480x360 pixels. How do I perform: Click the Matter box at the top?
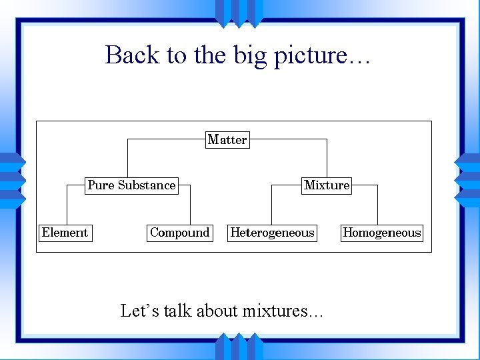227,140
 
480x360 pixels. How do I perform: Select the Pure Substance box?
131,185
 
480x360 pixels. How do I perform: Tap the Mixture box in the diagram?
327,185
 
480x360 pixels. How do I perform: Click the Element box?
65,233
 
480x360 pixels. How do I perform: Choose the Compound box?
179,233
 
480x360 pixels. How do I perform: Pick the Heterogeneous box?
272,233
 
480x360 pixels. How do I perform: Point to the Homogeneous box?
382,233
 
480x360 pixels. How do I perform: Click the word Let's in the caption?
139,311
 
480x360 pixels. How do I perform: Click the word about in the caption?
217,311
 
